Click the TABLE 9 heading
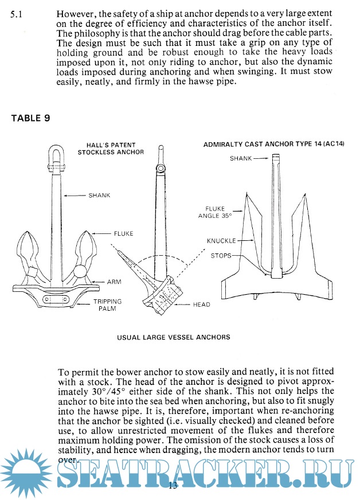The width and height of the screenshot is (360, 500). coord(30,118)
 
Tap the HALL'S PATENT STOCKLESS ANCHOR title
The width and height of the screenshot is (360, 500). coord(111,149)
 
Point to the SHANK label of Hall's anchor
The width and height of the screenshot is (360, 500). coord(99,195)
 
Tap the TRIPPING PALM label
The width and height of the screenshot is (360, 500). coord(107,304)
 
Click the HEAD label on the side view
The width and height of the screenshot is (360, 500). coord(202,304)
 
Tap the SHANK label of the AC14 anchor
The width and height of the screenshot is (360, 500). coord(240,158)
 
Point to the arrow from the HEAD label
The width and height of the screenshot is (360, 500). coord(183,304)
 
